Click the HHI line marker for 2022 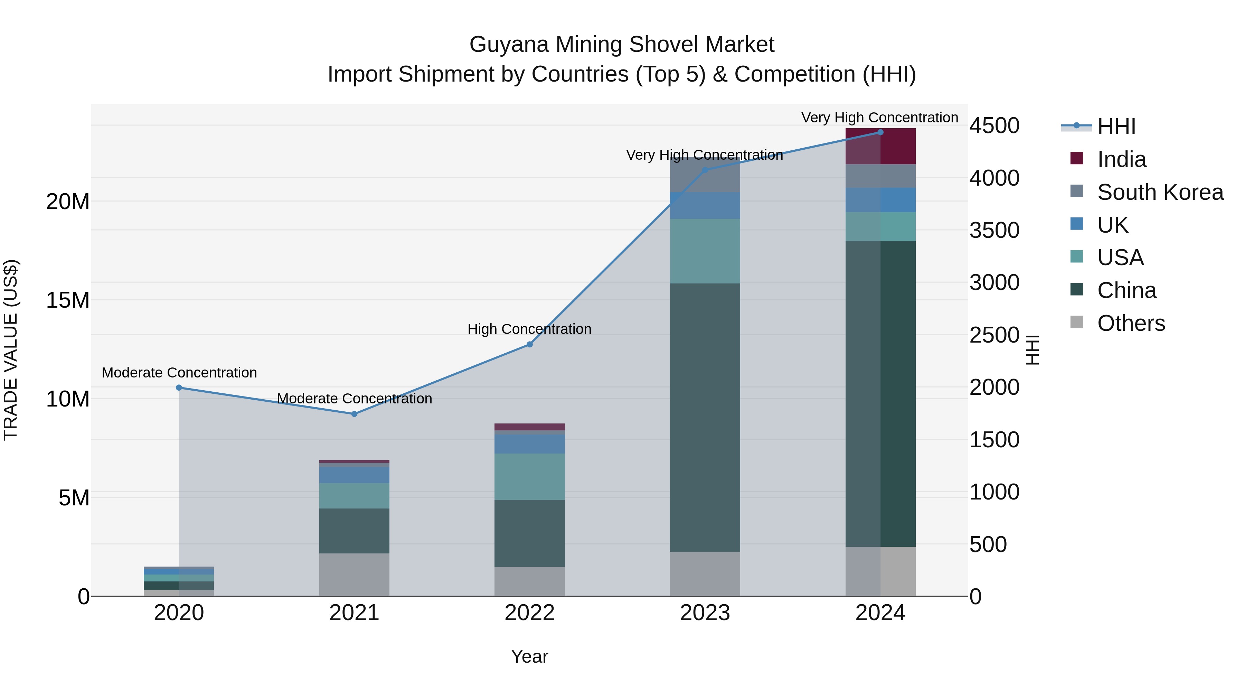coord(529,344)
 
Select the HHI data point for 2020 coord(179,388)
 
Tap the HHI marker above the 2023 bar coord(705,170)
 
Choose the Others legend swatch coord(1076,322)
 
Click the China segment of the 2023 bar coord(705,418)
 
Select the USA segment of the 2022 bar coord(529,476)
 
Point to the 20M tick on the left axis coord(68,202)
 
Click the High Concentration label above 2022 coord(529,329)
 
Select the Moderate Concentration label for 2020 coord(179,372)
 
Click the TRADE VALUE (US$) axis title coord(11,350)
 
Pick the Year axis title coord(529,656)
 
